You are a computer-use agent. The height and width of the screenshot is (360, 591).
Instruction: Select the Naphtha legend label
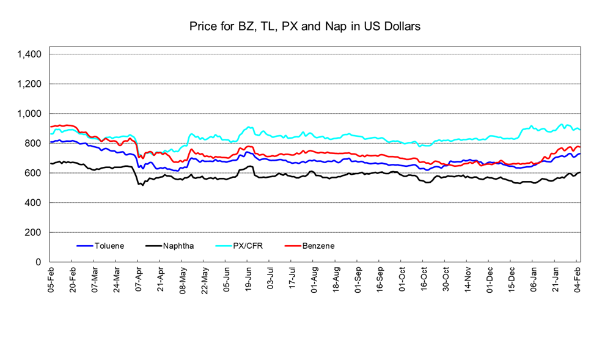click(178, 246)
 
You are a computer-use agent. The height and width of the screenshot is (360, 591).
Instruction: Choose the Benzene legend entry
click(318, 246)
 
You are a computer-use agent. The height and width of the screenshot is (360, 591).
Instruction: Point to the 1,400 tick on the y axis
click(29, 54)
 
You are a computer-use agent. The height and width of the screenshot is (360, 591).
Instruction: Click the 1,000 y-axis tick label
click(29, 114)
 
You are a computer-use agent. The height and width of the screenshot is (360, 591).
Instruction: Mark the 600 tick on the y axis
click(33, 173)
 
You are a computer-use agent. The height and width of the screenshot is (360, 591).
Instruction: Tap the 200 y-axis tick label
click(33, 232)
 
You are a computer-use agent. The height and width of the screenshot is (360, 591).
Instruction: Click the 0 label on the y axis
click(38, 262)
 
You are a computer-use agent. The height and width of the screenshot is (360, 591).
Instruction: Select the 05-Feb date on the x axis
click(51, 279)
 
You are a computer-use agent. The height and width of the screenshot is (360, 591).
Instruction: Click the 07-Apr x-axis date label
click(139, 279)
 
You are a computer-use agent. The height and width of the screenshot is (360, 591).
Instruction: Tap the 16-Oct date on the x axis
click(423, 279)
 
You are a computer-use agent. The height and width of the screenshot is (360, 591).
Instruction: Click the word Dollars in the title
click(400, 27)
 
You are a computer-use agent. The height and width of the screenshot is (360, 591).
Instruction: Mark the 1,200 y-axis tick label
click(29, 84)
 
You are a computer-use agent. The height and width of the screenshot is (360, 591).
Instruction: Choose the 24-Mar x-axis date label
click(117, 279)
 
